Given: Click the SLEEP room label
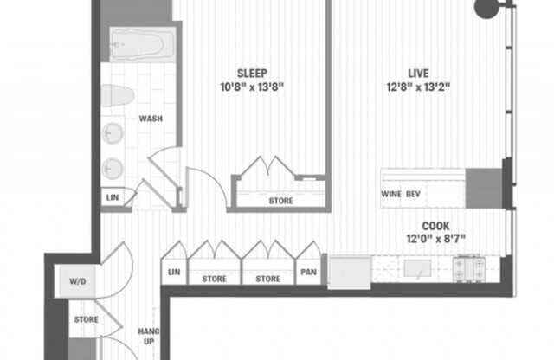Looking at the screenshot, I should (x=252, y=72).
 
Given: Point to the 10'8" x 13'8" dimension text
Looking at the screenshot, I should (x=252, y=87).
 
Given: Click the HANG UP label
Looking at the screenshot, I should (x=148, y=337).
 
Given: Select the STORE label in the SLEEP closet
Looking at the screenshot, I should (x=280, y=201).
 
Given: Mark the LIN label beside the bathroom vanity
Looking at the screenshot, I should (x=113, y=197).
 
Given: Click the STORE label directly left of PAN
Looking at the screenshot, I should (x=268, y=279).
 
